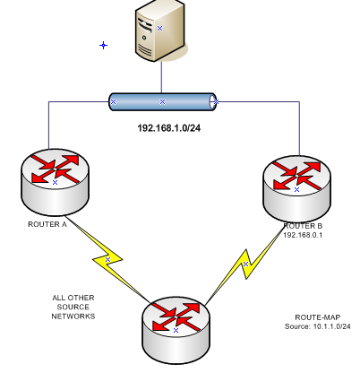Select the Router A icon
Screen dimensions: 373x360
pos(55,178)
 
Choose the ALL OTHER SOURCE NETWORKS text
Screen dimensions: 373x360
pos(73,307)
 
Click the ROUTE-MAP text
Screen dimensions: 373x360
pos(317,317)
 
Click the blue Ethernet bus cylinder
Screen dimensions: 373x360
pos(162,101)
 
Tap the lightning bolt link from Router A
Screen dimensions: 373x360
pos(107,259)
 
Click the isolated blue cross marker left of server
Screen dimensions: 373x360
pos(103,45)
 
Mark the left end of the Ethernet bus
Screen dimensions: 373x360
pos(113,101)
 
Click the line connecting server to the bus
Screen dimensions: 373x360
pos(162,76)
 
